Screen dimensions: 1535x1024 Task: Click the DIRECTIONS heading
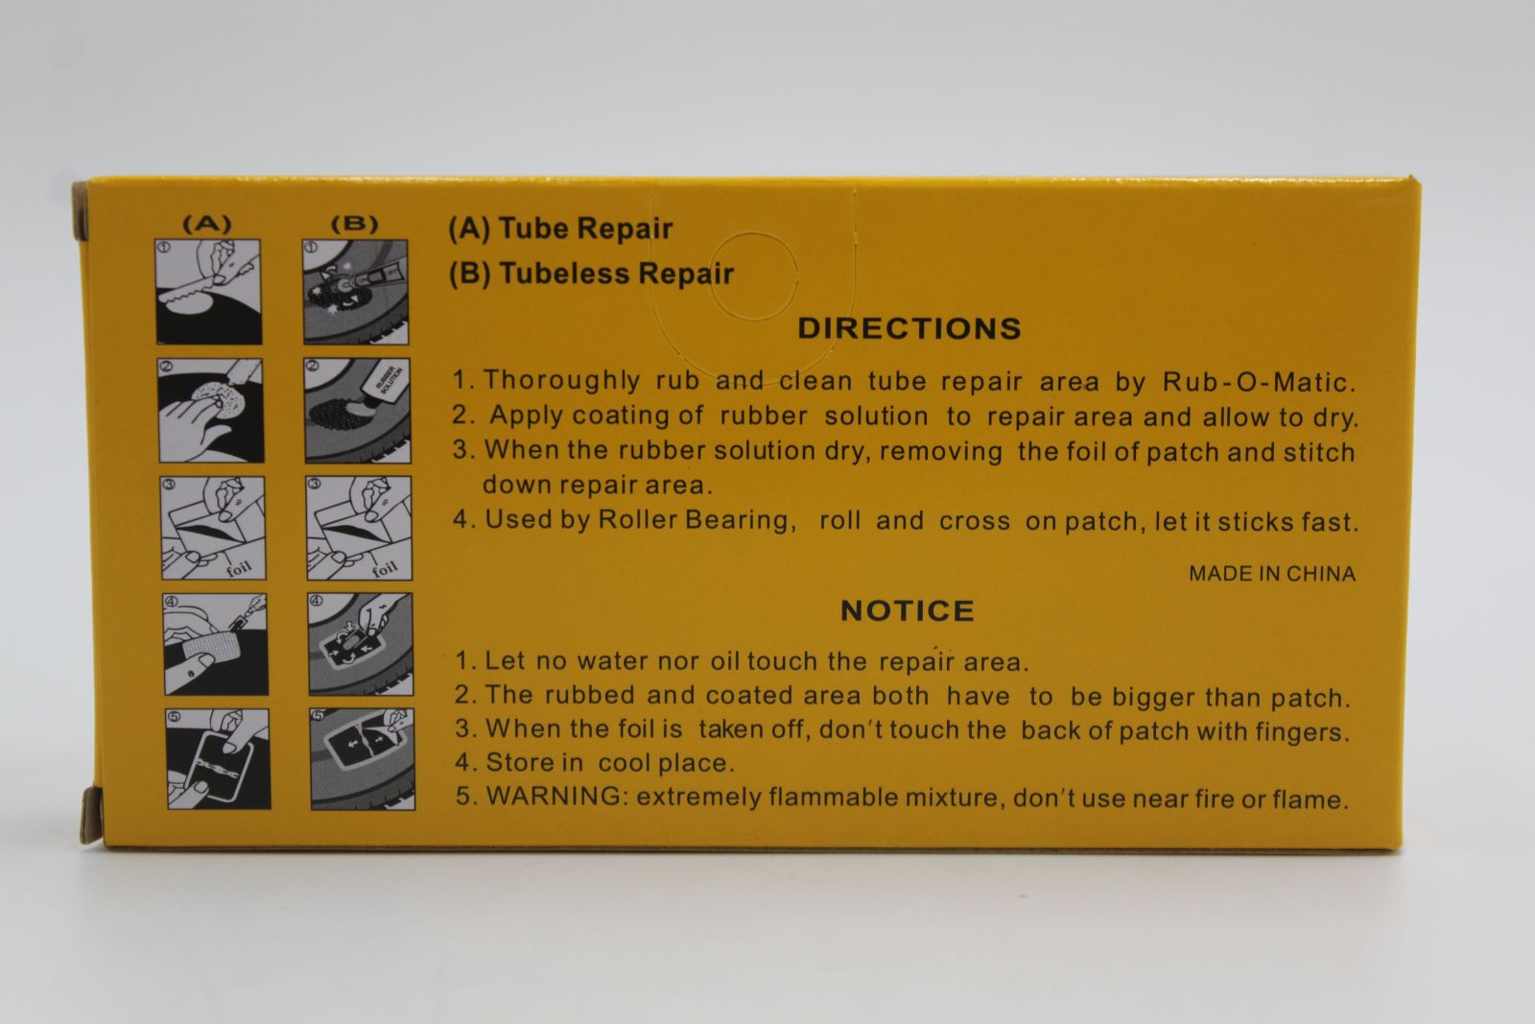[909, 328]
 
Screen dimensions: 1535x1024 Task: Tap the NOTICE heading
[908, 610]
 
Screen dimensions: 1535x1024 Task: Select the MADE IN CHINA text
[1272, 574]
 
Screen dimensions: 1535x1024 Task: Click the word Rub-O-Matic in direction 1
[1259, 383]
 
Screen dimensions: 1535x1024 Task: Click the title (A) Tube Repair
[560, 228]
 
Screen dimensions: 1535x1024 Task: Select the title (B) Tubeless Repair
[591, 273]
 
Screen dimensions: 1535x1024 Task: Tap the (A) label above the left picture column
[207, 225]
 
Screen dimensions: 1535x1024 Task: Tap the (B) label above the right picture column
[354, 225]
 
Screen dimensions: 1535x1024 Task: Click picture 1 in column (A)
[208, 292]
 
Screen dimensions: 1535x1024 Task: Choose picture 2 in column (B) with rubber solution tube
[357, 410]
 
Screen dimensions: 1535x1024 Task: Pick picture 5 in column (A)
[219, 759]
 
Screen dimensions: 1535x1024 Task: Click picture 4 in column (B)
[361, 644]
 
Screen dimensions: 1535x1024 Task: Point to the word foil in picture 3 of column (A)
[239, 568]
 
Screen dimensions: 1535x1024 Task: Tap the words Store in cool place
[610, 763]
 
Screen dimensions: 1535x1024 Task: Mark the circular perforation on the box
[754, 233]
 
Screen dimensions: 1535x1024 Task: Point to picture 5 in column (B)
[362, 759]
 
